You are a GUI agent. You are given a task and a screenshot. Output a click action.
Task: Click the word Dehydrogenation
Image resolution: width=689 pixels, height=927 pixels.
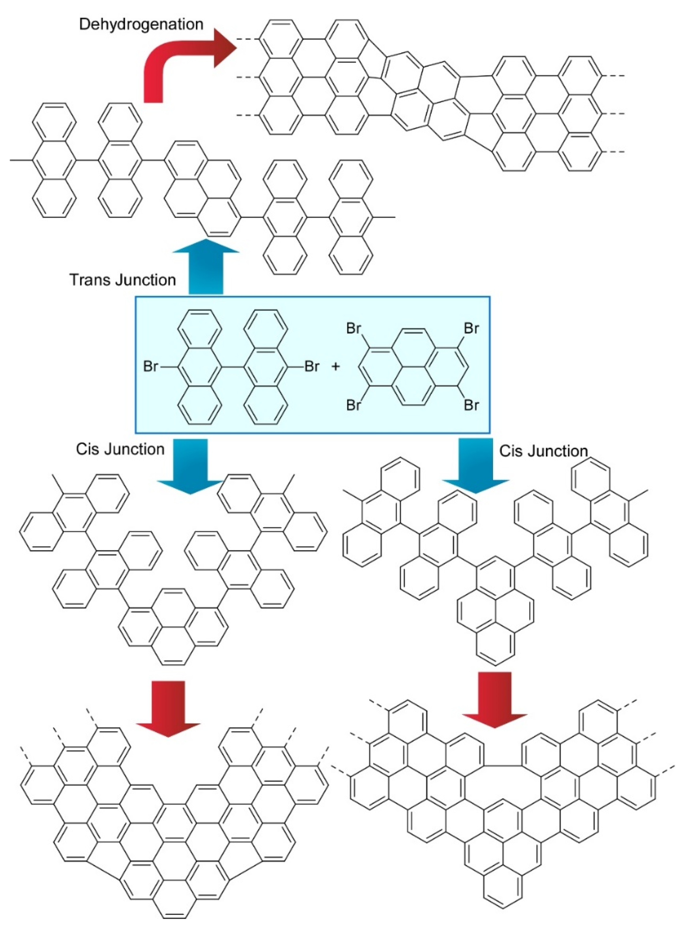tap(141, 24)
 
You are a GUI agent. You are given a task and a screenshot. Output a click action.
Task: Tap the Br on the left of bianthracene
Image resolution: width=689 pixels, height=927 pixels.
tap(151, 367)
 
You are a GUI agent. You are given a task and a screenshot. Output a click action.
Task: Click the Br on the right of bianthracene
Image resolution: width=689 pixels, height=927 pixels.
tap(312, 367)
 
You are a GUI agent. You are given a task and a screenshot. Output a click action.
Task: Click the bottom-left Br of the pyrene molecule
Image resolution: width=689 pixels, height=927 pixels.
tap(354, 405)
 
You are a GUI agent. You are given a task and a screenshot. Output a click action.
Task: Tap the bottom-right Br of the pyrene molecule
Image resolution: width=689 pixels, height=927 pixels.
tap(471, 405)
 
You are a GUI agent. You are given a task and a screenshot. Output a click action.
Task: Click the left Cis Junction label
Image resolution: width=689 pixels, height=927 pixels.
tap(120, 449)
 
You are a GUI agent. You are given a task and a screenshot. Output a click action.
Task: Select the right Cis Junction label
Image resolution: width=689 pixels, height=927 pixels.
tap(544, 451)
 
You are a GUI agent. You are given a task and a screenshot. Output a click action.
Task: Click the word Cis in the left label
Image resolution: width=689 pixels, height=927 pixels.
tap(87, 449)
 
